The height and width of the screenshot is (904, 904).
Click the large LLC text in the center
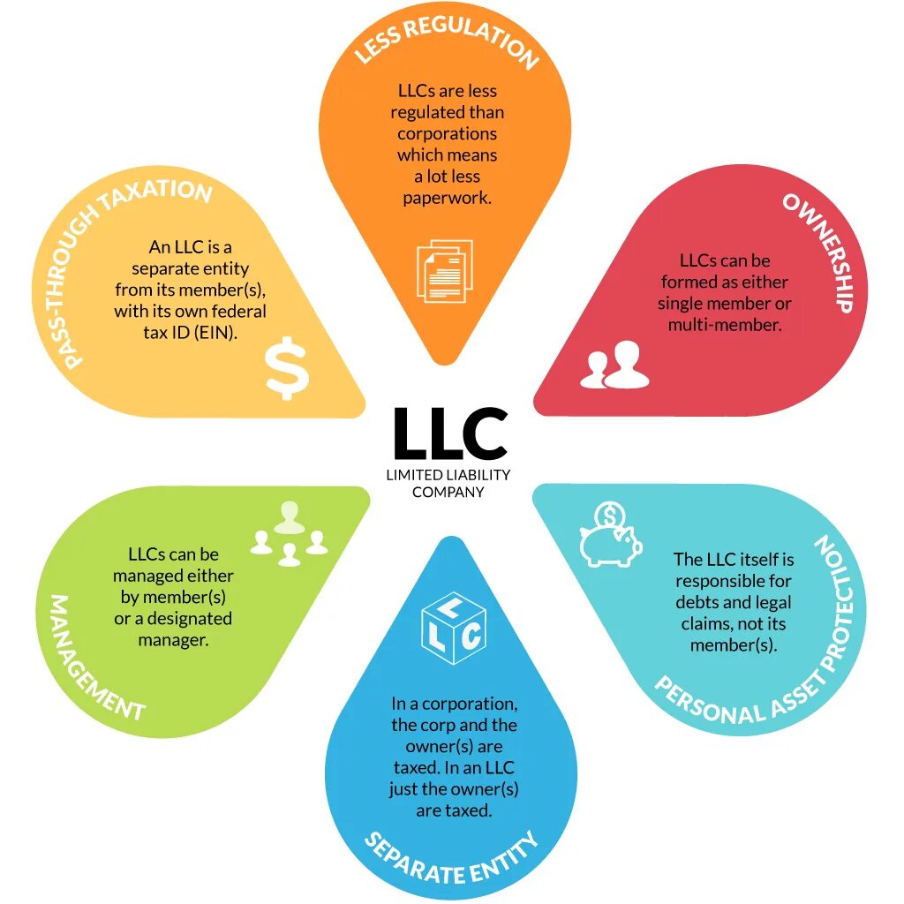point(450,433)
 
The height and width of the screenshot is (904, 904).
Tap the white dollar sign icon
point(288,368)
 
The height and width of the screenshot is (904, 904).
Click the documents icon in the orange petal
point(444,271)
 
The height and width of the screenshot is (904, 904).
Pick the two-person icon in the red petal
point(614,365)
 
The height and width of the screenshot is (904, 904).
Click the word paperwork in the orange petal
point(447,198)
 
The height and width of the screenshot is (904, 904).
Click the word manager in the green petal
point(173,639)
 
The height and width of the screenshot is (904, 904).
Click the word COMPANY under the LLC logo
point(448,492)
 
